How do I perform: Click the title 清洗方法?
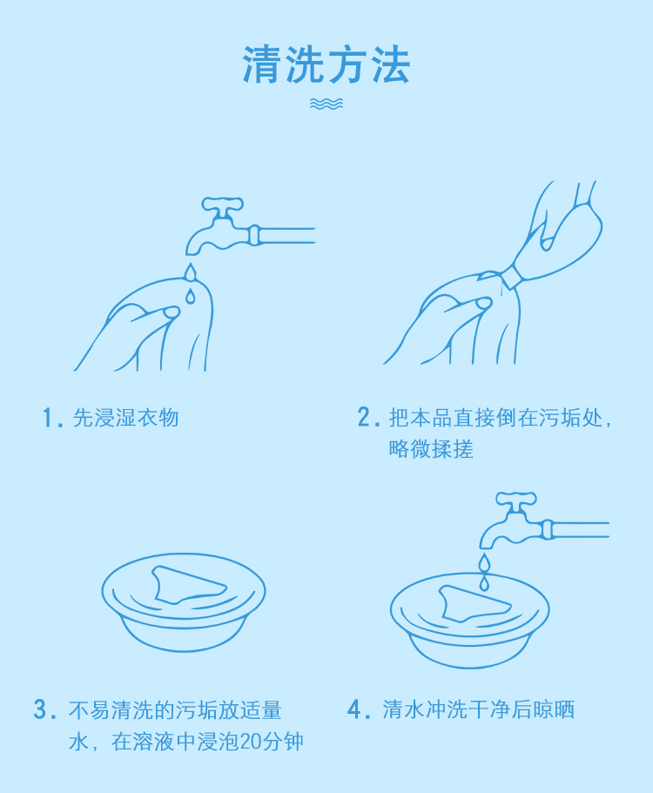coord(326,64)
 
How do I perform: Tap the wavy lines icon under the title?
coord(326,104)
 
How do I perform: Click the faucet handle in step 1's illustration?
coord(223,205)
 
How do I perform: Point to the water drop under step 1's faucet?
coord(190,283)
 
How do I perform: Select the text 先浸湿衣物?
coord(125,418)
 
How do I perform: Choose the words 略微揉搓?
coord(431,448)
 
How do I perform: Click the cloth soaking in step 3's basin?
coord(188,585)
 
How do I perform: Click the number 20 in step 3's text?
coord(249,742)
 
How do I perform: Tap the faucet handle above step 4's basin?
coord(516,500)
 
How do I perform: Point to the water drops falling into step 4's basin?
coord(485,572)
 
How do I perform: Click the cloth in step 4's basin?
coord(474,604)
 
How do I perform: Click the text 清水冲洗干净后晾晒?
coord(479,709)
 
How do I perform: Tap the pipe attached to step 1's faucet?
coord(286,236)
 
